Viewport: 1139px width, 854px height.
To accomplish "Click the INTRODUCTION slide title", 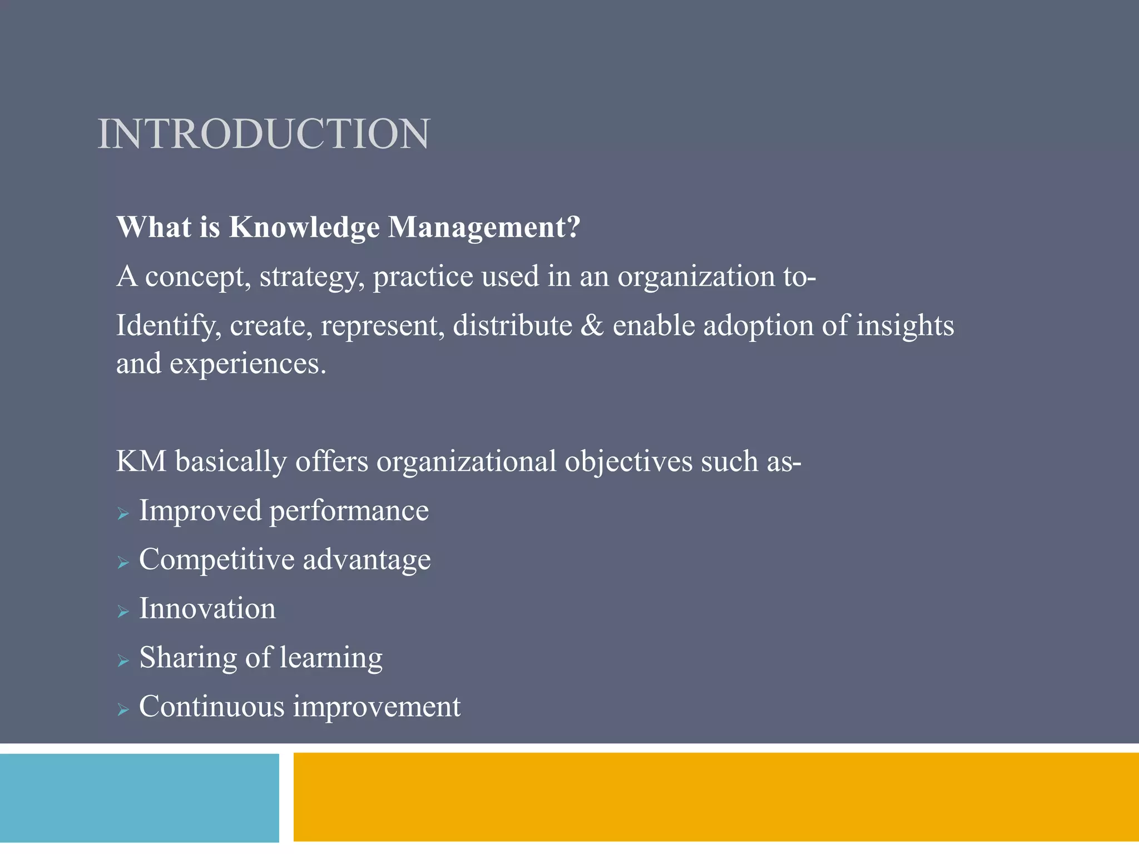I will [264, 135].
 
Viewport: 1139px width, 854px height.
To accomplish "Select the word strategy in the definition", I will [309, 277].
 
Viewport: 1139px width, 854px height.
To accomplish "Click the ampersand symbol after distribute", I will [592, 326].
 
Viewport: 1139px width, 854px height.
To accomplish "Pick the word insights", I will [905, 326].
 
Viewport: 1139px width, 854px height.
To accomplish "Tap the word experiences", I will [247, 364].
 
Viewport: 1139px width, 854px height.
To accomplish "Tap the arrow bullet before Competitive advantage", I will [123, 563].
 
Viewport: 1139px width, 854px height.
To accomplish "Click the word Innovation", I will [207, 608].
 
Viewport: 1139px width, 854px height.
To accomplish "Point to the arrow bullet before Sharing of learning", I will [123, 661].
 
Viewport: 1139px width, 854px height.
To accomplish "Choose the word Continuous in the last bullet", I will [212, 707].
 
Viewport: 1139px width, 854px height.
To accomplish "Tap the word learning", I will [331, 658].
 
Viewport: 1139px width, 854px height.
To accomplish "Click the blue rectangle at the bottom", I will [139, 797].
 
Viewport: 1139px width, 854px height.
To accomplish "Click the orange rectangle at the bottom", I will [716, 797].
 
